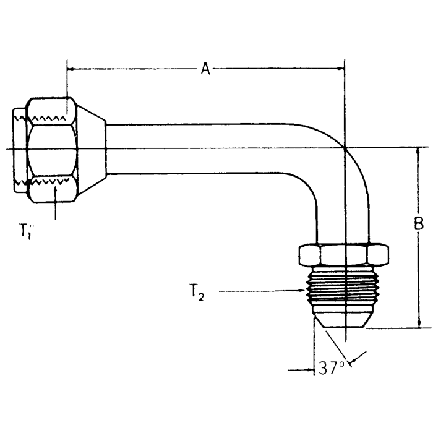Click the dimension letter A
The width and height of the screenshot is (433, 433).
tap(205, 69)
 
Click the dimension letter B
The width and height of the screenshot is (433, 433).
tap(419, 224)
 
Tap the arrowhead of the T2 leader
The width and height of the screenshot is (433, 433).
tap(302, 290)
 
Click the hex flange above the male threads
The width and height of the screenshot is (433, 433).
tap(343, 254)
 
